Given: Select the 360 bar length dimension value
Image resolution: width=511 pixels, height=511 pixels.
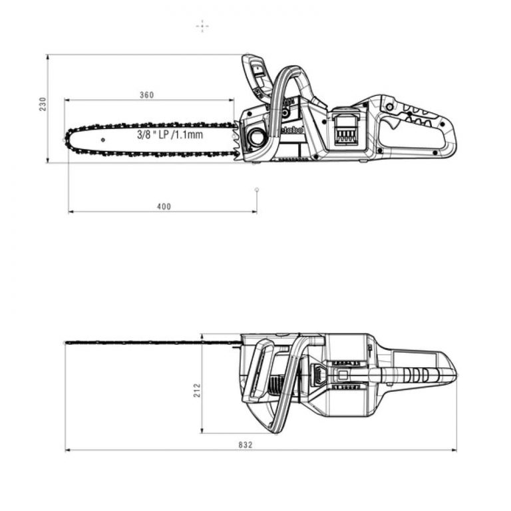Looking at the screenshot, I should click(x=146, y=95).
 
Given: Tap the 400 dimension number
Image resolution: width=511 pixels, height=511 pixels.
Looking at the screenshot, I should click(x=164, y=206).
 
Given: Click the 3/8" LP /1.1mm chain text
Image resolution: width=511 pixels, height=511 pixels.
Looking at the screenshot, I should click(x=170, y=134).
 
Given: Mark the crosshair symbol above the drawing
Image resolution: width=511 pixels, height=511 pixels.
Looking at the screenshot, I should click(x=202, y=26).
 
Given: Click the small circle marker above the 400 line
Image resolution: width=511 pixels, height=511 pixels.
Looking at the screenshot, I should click(x=257, y=190).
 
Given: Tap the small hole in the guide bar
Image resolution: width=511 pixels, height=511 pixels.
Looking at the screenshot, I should click(x=102, y=140).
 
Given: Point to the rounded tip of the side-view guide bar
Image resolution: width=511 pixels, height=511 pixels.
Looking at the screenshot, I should click(x=69, y=139).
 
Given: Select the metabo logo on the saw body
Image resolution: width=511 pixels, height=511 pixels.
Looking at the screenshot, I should click(x=291, y=130).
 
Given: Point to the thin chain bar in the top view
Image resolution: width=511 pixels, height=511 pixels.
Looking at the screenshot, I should click(x=153, y=343).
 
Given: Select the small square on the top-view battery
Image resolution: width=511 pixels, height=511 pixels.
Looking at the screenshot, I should click(x=343, y=375).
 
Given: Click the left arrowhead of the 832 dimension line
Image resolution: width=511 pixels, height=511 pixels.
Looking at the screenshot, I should click(x=67, y=450).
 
